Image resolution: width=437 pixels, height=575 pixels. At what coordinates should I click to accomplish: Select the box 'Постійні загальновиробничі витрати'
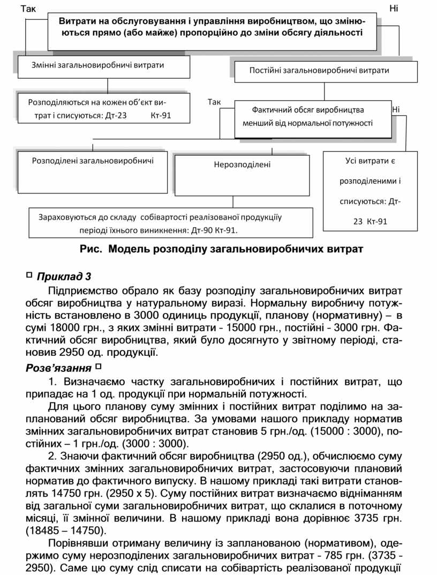pyautogui.click(x=319, y=70)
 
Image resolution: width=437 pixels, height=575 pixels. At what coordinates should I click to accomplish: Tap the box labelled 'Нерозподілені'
pyautogui.click(x=243, y=165)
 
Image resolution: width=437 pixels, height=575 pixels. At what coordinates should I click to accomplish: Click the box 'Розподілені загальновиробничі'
pyautogui.click(x=93, y=160)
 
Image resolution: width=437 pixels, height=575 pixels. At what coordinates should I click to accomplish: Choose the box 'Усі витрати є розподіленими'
pyautogui.click(x=370, y=191)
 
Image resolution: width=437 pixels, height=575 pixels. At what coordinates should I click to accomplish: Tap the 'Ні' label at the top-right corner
pyautogui.click(x=394, y=9)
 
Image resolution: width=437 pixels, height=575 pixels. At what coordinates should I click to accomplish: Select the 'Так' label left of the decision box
pyautogui.click(x=214, y=102)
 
